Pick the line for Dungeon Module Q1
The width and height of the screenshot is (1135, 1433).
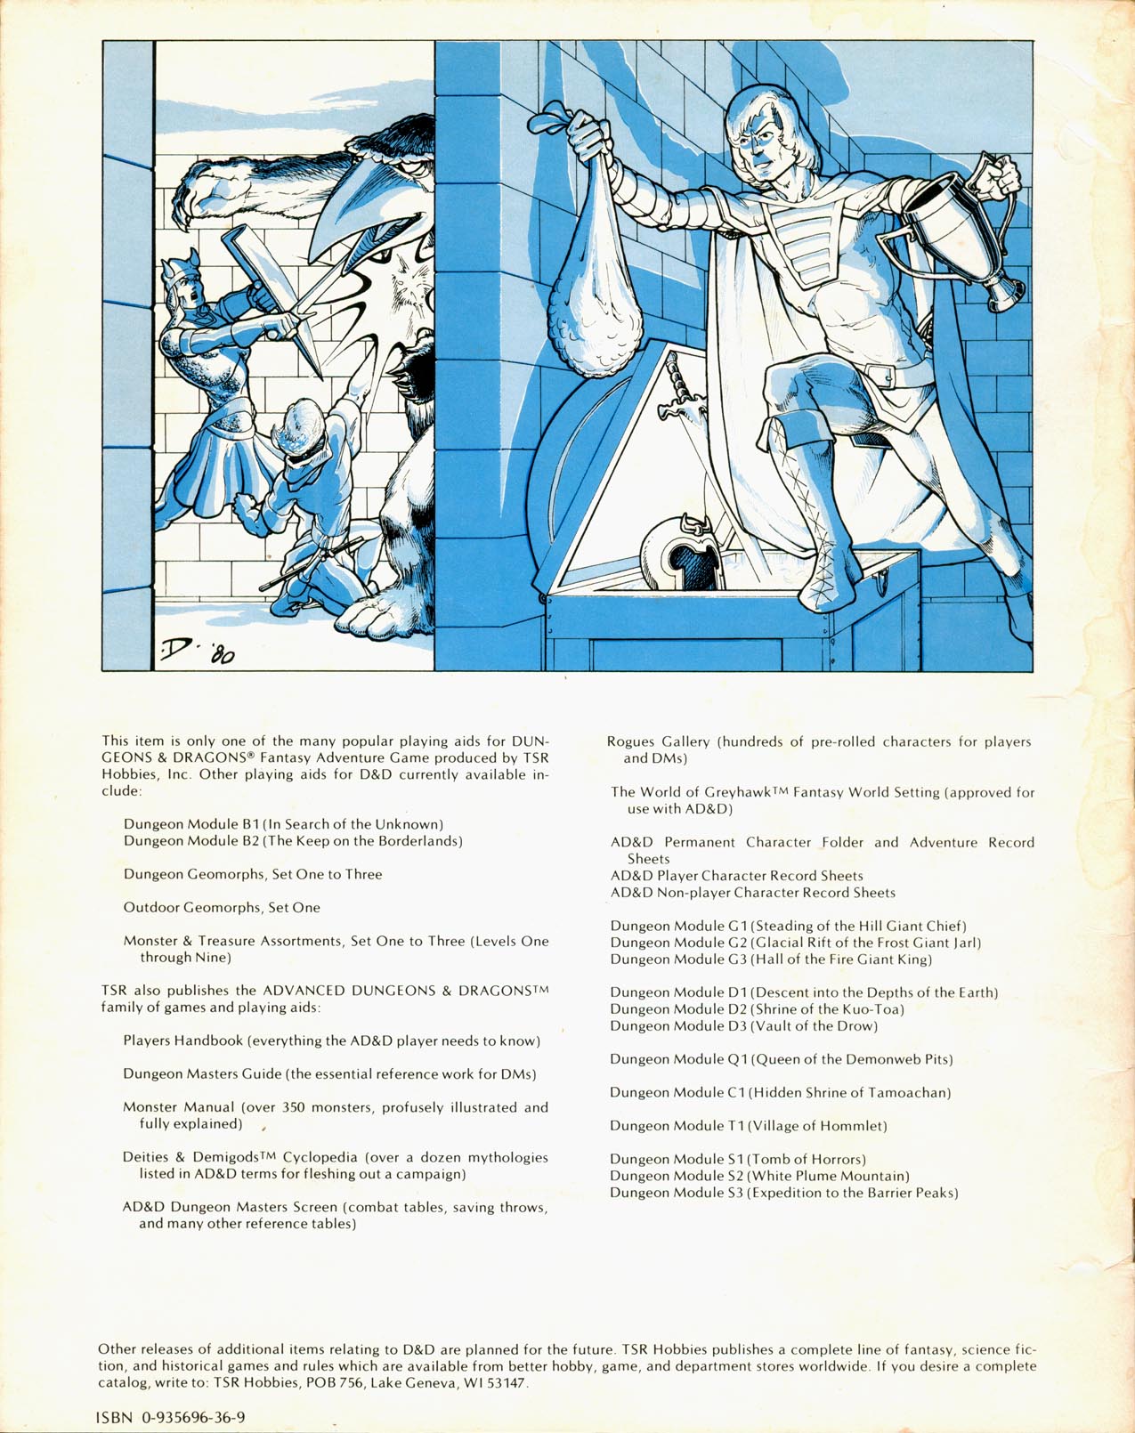782,1059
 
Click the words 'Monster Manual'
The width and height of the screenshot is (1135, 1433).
179,1107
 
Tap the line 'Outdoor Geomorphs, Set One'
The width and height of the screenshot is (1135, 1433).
222,908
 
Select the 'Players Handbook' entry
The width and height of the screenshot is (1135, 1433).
183,1040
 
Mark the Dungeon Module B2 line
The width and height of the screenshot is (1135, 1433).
293,841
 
